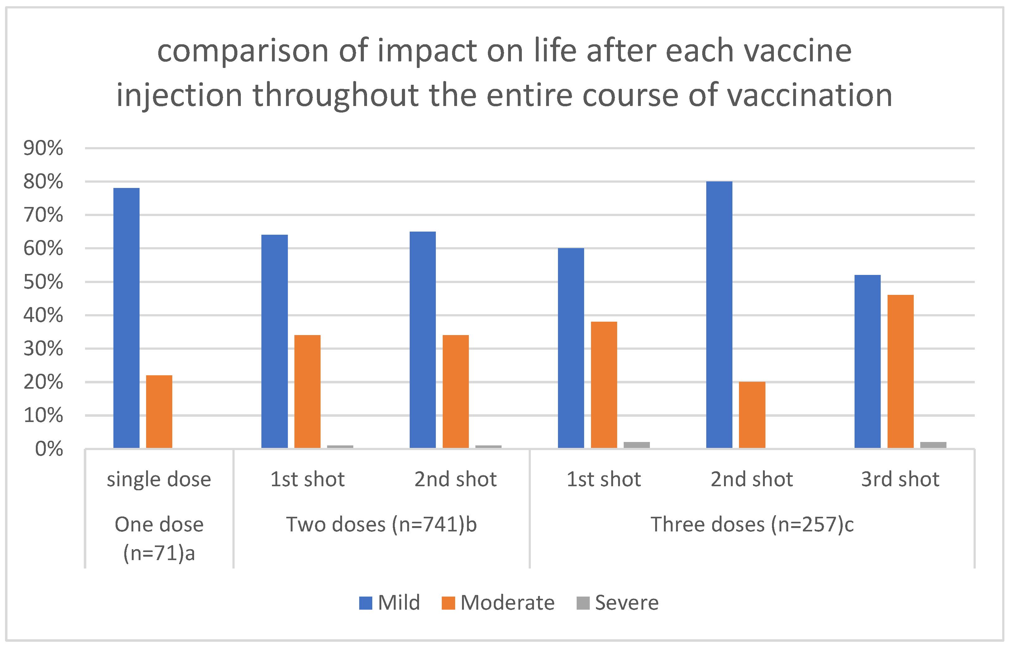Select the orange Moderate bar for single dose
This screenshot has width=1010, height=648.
(159, 411)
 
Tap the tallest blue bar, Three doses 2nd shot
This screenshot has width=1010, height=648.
(719, 315)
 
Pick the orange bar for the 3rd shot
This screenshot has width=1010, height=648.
(900, 372)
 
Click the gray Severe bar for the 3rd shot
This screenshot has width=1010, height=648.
(933, 445)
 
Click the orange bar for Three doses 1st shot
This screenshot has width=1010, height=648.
(604, 385)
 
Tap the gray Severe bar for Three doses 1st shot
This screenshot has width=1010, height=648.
(636, 445)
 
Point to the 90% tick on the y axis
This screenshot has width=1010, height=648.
(43, 148)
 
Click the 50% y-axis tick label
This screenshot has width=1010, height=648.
(43, 282)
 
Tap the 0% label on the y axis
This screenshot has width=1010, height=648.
(49, 449)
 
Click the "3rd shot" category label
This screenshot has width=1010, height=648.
(900, 479)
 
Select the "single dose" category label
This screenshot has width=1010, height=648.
(159, 479)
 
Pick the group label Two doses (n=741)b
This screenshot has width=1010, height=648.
(381, 525)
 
